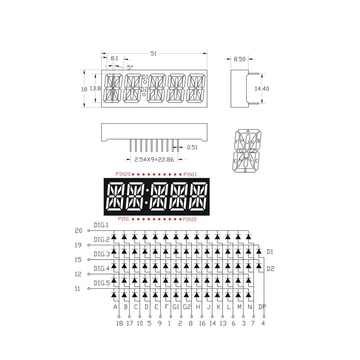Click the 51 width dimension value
(x=153, y=54)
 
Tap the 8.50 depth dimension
(x=239, y=58)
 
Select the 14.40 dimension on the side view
(x=261, y=89)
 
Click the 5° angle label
(x=130, y=67)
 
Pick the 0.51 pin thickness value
(x=192, y=147)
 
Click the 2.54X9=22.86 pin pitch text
(x=151, y=159)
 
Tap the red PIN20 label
(x=123, y=174)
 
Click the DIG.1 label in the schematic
(x=101, y=225)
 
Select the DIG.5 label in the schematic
(x=101, y=283)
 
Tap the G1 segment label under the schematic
(x=176, y=307)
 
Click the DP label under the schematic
(x=262, y=307)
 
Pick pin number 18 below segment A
(x=119, y=323)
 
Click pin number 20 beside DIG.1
(x=78, y=230)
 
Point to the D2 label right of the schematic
(x=270, y=269)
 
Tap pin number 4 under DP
(x=263, y=323)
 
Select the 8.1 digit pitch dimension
(x=114, y=58)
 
